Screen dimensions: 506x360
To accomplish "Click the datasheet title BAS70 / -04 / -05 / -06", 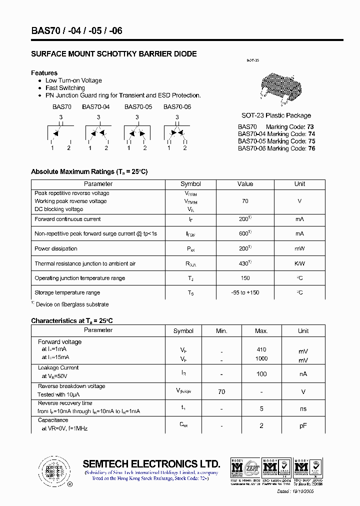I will point(76,31).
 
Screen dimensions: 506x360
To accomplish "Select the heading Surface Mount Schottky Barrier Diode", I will point(113,54).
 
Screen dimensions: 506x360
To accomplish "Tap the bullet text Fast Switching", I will point(65,88).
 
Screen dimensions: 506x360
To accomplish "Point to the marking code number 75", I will point(311,141).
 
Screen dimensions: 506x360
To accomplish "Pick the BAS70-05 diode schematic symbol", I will point(136,133).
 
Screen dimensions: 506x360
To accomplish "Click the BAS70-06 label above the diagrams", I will point(177,107).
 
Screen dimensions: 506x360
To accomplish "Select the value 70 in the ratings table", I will point(245,201).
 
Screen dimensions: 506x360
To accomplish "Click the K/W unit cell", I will point(299,263).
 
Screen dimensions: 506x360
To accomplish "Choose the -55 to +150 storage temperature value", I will point(245,292).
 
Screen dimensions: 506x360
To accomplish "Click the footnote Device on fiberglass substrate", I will point(72,304).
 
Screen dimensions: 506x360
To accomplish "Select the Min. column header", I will point(221,331).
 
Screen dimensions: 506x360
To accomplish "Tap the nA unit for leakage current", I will point(303,374).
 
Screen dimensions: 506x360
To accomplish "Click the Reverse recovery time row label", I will point(65,403).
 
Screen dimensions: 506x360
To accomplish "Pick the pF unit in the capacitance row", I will point(303,425).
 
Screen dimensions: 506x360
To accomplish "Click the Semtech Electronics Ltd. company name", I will point(151,463).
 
